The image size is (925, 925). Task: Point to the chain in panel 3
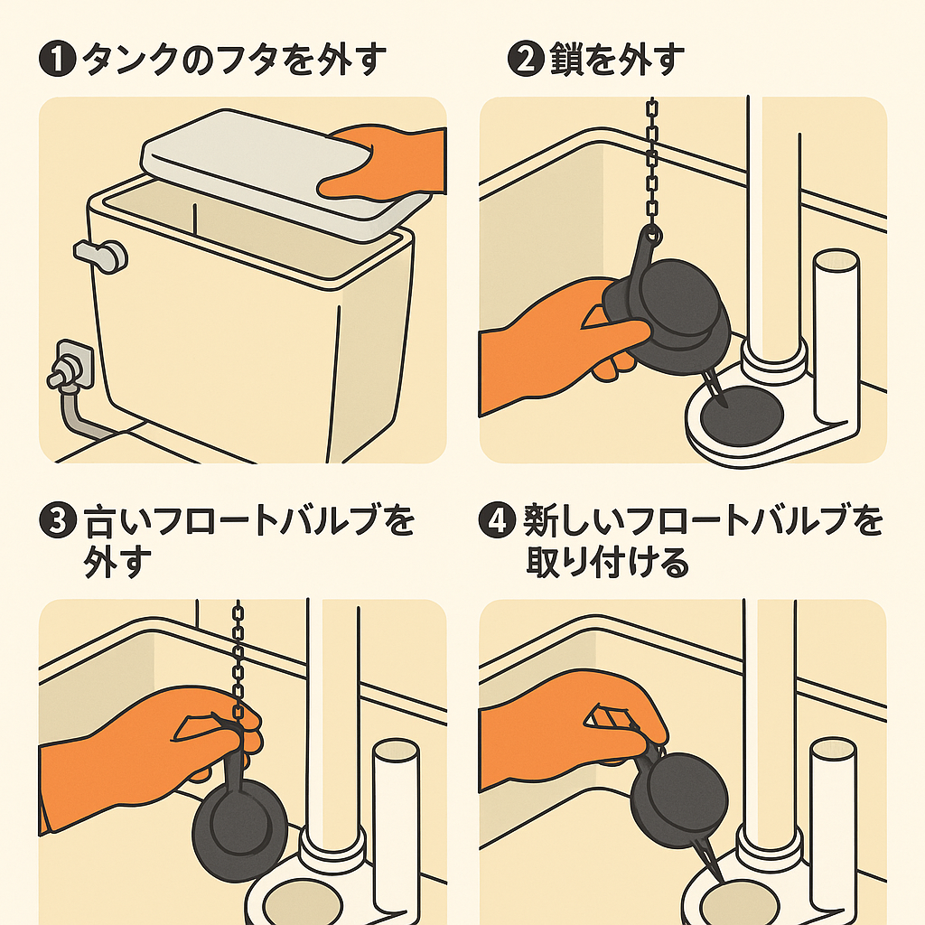239,650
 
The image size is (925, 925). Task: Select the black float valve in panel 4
677,799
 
